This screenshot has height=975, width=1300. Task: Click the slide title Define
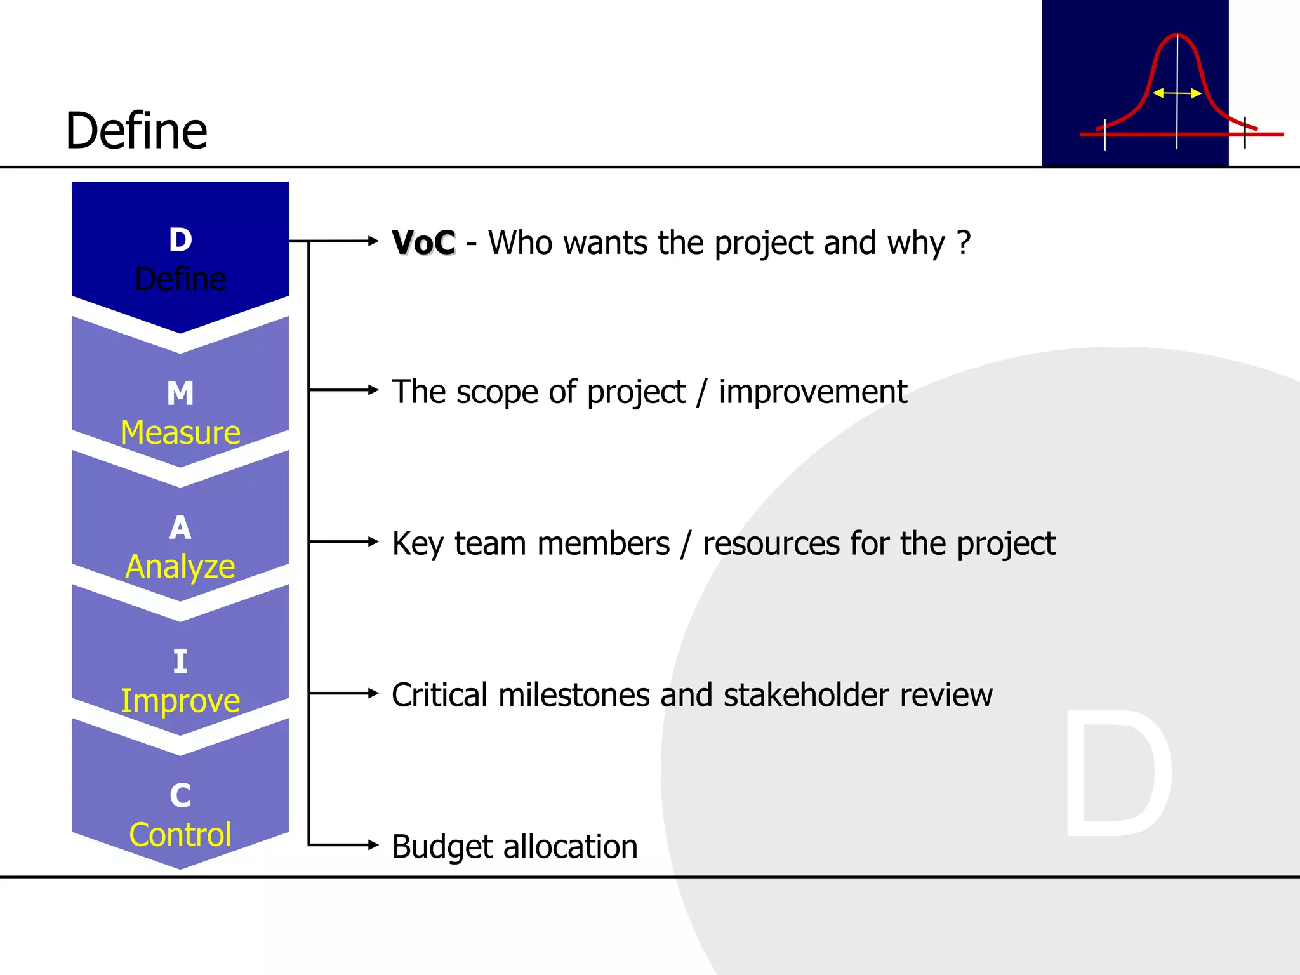(x=136, y=131)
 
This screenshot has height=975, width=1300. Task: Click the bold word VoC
(x=423, y=243)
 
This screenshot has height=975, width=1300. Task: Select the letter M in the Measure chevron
(x=180, y=394)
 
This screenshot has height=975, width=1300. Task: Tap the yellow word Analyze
(x=180, y=566)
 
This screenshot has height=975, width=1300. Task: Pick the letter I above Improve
(x=180, y=662)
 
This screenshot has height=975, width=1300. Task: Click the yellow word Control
(x=180, y=835)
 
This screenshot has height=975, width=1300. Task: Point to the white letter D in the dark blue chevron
(x=180, y=240)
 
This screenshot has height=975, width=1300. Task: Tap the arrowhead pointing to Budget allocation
(x=373, y=845)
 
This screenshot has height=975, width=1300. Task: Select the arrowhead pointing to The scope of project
(x=373, y=390)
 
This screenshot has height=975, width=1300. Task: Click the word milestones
(x=574, y=695)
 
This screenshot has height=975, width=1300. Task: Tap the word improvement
(x=812, y=392)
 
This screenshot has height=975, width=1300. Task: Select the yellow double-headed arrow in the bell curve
(x=1177, y=93)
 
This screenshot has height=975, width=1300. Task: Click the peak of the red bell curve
(x=1177, y=35)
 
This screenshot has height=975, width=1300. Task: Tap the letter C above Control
(x=180, y=796)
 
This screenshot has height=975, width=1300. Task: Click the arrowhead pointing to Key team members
(x=373, y=541)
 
